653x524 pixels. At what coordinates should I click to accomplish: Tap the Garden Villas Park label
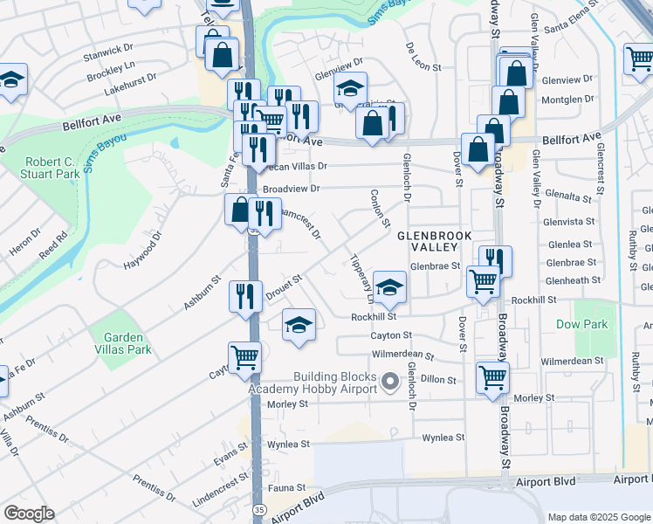tap(127, 343)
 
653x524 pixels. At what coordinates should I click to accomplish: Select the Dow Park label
tap(581, 324)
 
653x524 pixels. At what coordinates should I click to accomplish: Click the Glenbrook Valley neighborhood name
tap(434, 242)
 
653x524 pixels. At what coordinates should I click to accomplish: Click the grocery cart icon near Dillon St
tap(492, 378)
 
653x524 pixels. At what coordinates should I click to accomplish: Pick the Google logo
tap(29, 514)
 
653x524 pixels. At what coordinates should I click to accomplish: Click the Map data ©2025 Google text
tap(599, 517)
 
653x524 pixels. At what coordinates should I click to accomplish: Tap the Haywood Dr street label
tap(142, 252)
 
